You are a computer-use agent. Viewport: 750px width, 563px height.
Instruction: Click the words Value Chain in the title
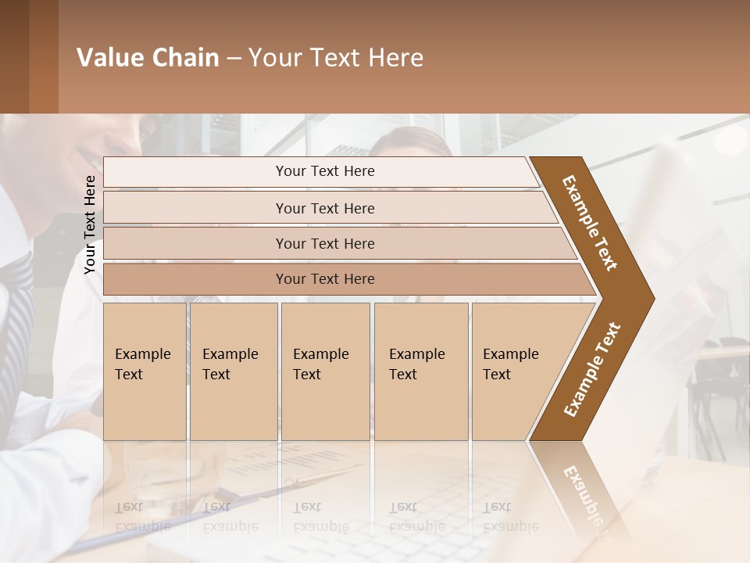coord(148,58)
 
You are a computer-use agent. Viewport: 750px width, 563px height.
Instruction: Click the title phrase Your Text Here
coord(336,58)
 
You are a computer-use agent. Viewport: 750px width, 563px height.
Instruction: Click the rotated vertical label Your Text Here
coord(90,224)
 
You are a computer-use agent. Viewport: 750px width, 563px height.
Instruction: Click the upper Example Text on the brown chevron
coord(590,223)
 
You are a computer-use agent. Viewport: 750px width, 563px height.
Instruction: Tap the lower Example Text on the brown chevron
coord(591,370)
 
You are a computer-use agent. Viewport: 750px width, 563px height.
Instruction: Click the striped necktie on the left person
coord(17,313)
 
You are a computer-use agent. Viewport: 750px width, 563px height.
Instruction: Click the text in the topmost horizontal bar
coord(325,171)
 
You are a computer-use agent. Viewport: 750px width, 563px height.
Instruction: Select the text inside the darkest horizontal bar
coord(325,279)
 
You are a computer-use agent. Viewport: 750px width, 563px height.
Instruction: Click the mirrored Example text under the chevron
coord(582,489)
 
